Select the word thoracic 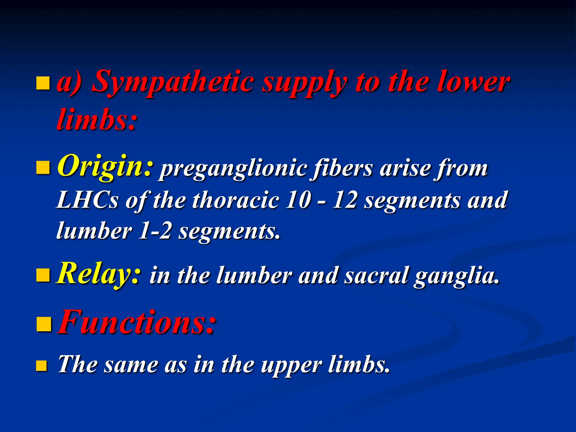coord(236,200)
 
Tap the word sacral coord(376,276)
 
